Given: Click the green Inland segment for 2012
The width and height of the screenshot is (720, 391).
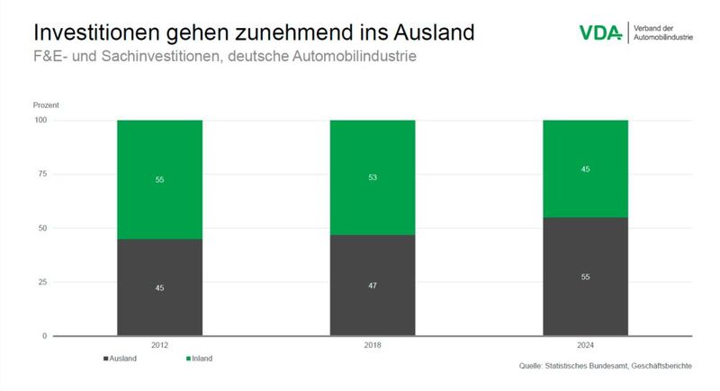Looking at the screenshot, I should pyautogui.click(x=159, y=178).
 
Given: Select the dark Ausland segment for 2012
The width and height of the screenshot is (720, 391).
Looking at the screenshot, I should pyautogui.click(x=159, y=287).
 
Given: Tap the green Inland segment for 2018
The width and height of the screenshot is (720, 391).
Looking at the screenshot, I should pyautogui.click(x=373, y=177).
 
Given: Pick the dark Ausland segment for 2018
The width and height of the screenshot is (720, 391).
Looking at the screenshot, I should pyautogui.click(x=373, y=285).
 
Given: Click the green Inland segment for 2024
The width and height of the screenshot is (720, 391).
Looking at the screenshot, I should pyautogui.click(x=585, y=168).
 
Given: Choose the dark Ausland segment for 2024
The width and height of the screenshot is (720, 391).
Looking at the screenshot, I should pyautogui.click(x=585, y=277).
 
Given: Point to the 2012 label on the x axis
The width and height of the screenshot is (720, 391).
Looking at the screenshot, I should pyautogui.click(x=159, y=346).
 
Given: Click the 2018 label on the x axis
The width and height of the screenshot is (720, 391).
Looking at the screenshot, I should pyautogui.click(x=373, y=346).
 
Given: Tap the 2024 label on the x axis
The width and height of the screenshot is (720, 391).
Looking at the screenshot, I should pyautogui.click(x=585, y=346).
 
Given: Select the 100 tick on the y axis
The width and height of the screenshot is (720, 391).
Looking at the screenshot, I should pyautogui.click(x=40, y=120).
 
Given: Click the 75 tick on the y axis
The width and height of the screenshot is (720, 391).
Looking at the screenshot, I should pyautogui.click(x=41, y=174).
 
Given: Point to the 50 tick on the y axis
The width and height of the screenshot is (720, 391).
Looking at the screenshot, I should pyautogui.click(x=41, y=228).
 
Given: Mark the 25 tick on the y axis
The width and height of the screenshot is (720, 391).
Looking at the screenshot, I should pyautogui.click(x=41, y=282).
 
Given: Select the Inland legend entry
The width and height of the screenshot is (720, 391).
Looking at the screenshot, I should pyautogui.click(x=199, y=359).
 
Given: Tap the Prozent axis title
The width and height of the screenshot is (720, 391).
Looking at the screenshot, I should pyautogui.click(x=46, y=105).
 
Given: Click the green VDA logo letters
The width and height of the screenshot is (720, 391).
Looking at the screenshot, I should pyautogui.click(x=600, y=32).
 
